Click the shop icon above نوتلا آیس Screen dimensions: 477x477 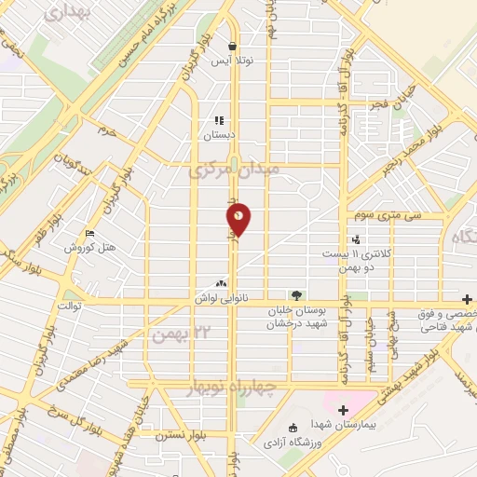tap(231, 45)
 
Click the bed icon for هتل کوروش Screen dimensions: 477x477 tap(89, 233)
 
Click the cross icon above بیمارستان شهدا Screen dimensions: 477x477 tap(344, 409)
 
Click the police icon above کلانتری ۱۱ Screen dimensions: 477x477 tap(355, 239)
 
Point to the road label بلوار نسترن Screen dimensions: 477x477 tap(182, 433)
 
